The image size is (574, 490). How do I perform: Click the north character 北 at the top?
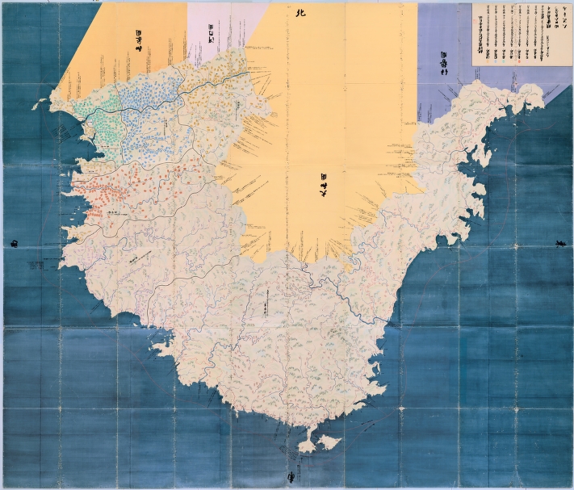tap(301, 13)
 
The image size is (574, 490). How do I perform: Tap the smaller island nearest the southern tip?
tap(307, 445)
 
